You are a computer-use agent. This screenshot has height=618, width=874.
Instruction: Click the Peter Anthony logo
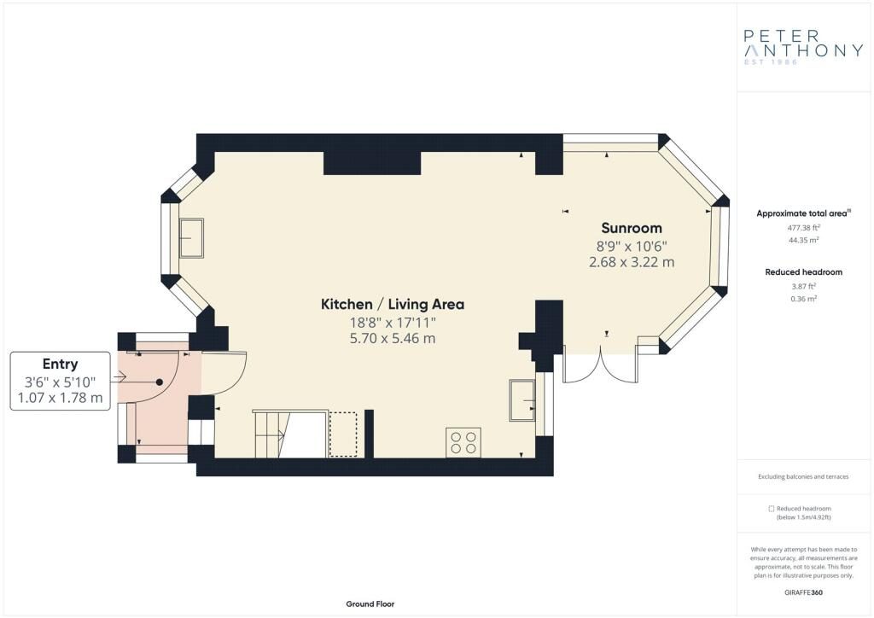(803, 47)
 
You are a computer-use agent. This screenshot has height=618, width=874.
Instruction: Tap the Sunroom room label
(632, 228)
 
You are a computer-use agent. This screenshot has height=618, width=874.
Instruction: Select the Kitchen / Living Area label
(393, 304)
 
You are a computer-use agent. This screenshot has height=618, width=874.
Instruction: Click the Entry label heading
(61, 364)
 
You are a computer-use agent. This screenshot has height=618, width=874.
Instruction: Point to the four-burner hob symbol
(463, 442)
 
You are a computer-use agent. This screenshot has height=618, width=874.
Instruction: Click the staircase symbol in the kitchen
(271, 434)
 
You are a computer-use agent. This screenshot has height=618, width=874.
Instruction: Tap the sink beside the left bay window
(191, 238)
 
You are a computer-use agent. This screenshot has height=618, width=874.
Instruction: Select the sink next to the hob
(522, 399)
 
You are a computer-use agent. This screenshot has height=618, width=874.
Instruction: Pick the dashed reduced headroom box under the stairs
(343, 434)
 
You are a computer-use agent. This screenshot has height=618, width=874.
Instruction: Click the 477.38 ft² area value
(803, 227)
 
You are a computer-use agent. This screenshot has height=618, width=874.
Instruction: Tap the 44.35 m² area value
(803, 240)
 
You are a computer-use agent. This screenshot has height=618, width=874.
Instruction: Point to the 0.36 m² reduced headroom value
(803, 299)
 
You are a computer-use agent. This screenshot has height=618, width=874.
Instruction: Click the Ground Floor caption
(370, 604)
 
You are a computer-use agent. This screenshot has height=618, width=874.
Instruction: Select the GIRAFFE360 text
(803, 592)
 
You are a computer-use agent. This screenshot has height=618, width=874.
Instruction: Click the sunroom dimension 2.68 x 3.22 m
(632, 262)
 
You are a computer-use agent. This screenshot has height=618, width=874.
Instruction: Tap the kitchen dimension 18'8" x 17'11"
(393, 322)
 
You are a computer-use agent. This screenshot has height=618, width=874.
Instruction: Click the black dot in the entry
(160, 382)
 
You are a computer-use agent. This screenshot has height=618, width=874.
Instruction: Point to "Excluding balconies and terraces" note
(803, 476)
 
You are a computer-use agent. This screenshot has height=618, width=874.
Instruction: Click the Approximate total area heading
(803, 213)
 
